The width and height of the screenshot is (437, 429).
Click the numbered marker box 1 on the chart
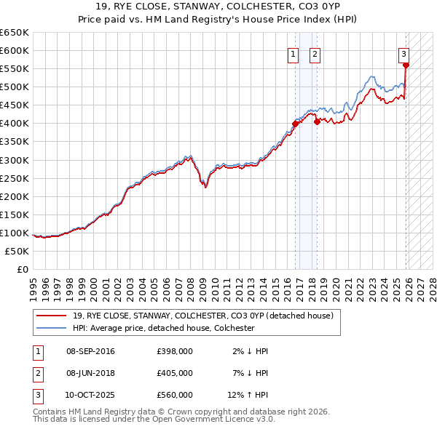click(293, 53)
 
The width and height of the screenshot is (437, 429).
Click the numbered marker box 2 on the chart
click(315, 53)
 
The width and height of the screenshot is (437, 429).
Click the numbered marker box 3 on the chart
click(403, 53)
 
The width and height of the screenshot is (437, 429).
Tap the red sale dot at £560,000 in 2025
click(406, 65)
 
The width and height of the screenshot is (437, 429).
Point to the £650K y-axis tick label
click(15, 33)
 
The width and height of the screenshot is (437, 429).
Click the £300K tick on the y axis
click(15, 160)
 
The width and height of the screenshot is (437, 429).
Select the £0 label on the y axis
click(22, 269)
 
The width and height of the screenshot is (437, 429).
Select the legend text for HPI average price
click(163, 328)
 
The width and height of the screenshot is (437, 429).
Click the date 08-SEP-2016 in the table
click(90, 351)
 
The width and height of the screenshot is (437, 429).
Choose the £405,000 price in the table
click(175, 373)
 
